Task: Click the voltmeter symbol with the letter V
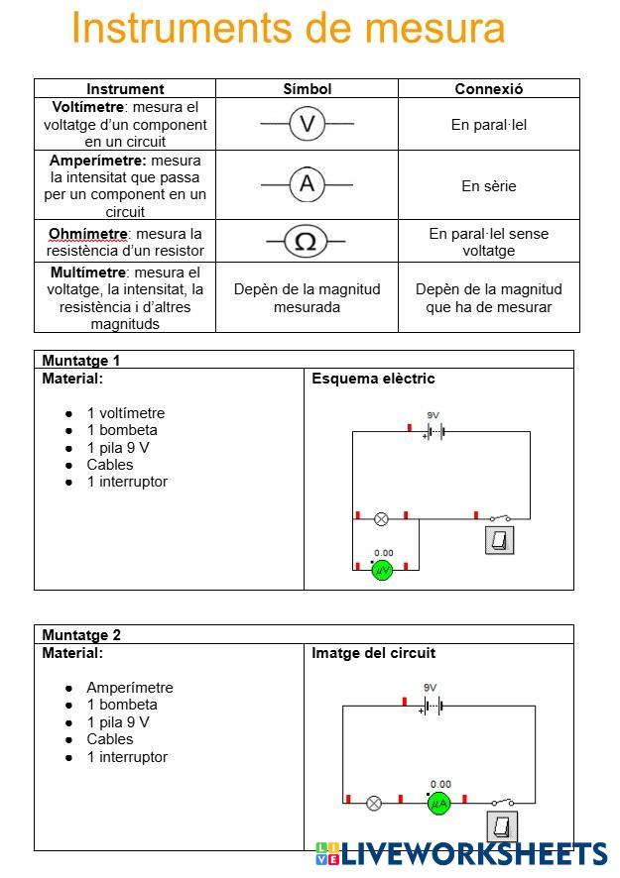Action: click(x=308, y=124)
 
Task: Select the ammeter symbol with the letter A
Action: click(x=308, y=183)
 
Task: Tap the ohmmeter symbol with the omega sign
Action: click(x=306, y=241)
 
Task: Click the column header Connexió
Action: click(x=488, y=88)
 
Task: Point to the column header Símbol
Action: click(x=308, y=88)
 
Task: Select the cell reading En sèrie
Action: click(x=488, y=185)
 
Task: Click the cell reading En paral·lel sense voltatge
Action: click(x=488, y=242)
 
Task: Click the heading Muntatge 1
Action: click(x=80, y=361)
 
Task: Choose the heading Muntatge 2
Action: click(x=80, y=635)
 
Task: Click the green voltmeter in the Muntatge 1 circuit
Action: click(x=382, y=570)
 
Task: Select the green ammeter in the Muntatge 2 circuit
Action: click(x=438, y=803)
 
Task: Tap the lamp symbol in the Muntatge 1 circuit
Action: click(x=381, y=518)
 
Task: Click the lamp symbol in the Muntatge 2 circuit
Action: click(x=374, y=803)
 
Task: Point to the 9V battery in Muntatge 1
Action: click(x=434, y=431)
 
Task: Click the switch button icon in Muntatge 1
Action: click(x=500, y=540)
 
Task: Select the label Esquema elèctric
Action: click(x=373, y=379)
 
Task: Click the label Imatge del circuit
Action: click(x=373, y=653)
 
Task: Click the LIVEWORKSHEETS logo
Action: click(x=461, y=853)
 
